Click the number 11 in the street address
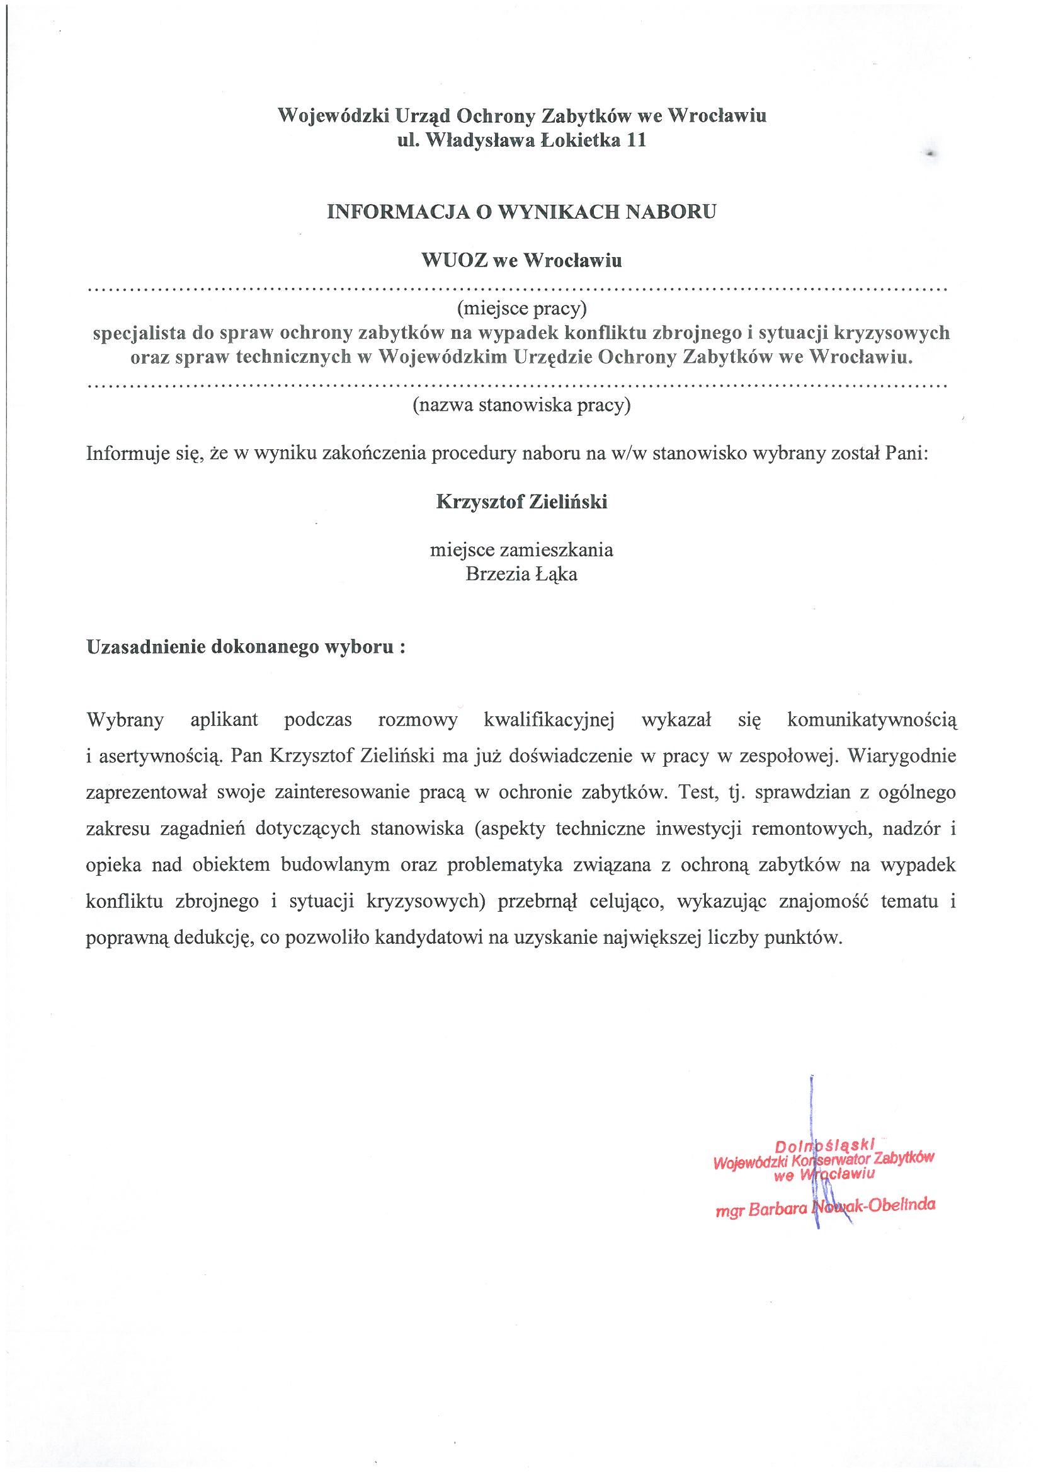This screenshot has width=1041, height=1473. (635, 140)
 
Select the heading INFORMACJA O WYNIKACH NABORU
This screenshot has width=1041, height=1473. (521, 212)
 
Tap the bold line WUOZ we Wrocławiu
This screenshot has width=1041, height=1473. (521, 261)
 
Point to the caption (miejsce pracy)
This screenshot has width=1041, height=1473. (521, 309)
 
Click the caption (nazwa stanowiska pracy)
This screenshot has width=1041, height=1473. (521, 406)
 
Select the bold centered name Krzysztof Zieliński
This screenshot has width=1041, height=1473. (521, 502)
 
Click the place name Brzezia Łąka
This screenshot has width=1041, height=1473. (521, 574)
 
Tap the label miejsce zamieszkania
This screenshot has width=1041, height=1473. (521, 550)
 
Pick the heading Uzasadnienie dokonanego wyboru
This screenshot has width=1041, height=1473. (246, 646)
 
